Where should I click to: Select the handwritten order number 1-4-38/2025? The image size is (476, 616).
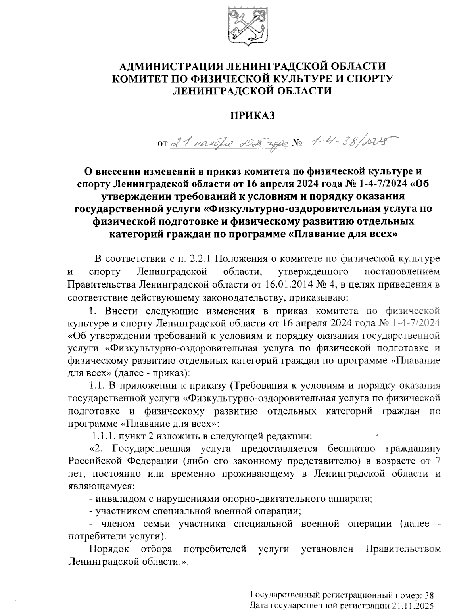tap(349, 141)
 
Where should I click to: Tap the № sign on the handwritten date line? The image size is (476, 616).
tap(297, 143)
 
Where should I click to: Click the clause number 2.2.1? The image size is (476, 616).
tap(200, 259)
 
